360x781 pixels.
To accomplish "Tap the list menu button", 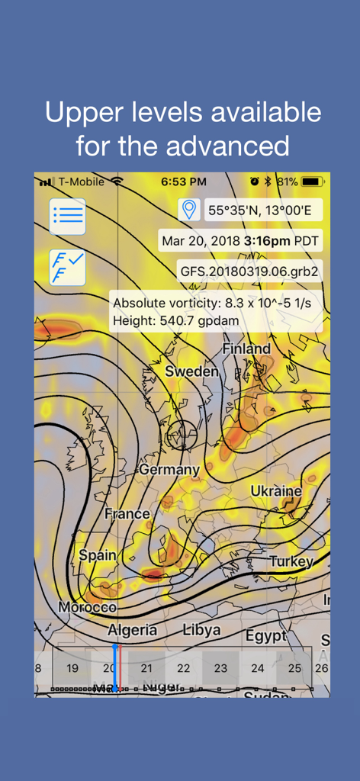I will click(x=67, y=216).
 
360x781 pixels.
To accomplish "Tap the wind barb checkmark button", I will click(x=67, y=267).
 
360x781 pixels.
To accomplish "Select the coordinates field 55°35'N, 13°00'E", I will click(x=264, y=209).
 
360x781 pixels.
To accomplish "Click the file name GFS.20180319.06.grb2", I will click(x=249, y=271).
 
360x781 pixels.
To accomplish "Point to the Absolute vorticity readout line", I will click(x=217, y=303).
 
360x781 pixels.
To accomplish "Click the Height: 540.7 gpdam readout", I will click(x=175, y=321).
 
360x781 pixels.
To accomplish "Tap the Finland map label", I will click(x=246, y=349).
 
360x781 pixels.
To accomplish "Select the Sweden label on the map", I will click(x=192, y=372).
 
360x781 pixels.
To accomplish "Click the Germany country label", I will click(x=169, y=469).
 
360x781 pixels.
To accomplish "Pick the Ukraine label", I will click(x=276, y=490).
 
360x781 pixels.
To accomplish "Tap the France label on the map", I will click(x=127, y=513).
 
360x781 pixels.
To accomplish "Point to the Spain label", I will click(x=97, y=555).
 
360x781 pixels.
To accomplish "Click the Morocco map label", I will click(x=88, y=607).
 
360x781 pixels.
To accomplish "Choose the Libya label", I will click(x=202, y=630).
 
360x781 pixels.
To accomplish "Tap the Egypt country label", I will click(x=265, y=635).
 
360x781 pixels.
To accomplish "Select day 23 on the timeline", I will click(x=220, y=668).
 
